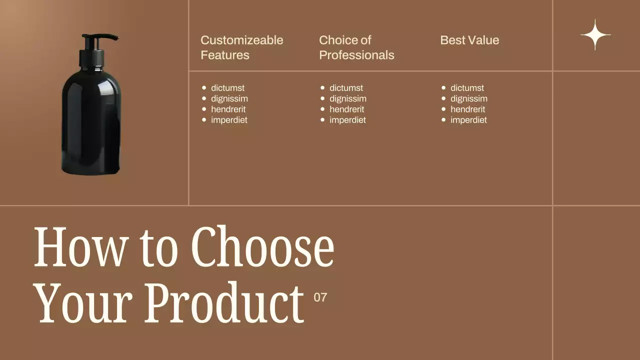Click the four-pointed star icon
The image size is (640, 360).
coord(595,35)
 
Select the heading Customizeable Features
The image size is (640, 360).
coord(241,47)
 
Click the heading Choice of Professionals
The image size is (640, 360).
coord(356,47)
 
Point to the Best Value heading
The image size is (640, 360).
coord(469,40)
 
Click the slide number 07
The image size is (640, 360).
coord(320,297)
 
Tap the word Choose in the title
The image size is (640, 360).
coord(262,247)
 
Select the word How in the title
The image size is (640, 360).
coord(80,247)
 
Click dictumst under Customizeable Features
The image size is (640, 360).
coord(227,88)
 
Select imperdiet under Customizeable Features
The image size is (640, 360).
coord(229,120)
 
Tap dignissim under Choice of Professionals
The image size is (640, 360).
coord(347,98)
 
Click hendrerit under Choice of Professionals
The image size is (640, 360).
coord(347,109)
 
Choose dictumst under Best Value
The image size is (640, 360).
coord(467,88)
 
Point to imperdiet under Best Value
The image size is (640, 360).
coord(468,120)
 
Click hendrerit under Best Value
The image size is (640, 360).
coord(467,109)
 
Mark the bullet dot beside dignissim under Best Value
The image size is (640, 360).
coord(443,98)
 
